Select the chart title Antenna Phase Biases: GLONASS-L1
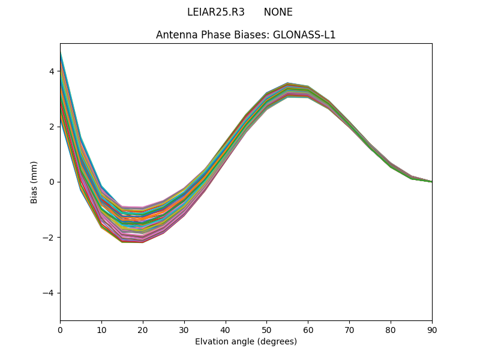245,35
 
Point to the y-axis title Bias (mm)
34,182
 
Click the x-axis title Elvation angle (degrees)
245,341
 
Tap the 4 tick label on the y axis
51,71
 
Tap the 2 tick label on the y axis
51,127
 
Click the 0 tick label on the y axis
51,182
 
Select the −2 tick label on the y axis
49,238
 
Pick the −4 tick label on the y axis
49,293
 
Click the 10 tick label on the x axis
101,329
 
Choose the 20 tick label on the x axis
143,329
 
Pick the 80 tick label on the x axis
391,329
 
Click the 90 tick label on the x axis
432,329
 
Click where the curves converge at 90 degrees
431,181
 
